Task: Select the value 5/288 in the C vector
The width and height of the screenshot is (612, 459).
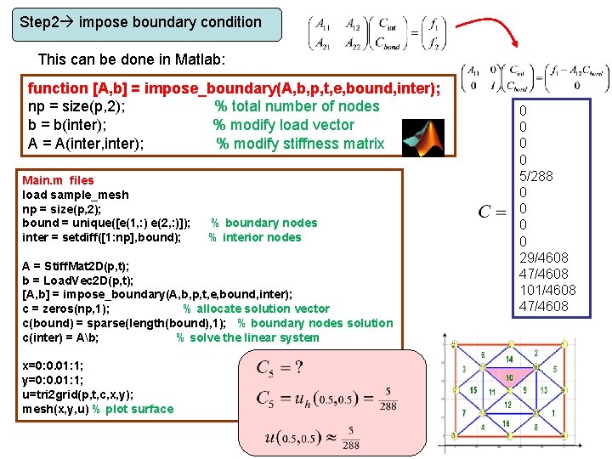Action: pos(535,176)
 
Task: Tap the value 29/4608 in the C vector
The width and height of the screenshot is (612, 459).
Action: pos(544,258)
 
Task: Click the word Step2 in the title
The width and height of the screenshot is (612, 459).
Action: pos(39,23)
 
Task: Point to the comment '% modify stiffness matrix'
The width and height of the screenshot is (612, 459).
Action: pos(300,144)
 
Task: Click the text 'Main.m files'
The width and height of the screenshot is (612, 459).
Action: pos(58,180)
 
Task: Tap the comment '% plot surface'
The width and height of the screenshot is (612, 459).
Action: pos(133,409)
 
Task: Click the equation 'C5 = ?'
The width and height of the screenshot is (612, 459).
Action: pos(280,367)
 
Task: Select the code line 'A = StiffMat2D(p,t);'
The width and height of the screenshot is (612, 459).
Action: pos(76,266)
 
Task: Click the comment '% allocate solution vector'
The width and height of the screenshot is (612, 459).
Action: pos(256,309)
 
